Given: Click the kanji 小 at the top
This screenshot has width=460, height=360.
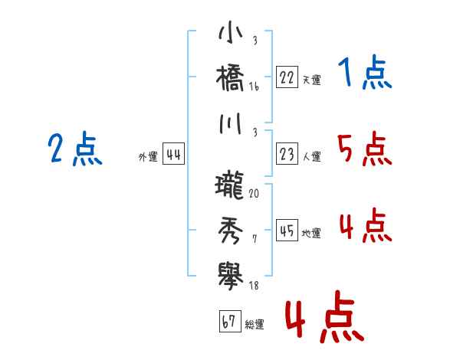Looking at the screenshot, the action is tap(231, 31).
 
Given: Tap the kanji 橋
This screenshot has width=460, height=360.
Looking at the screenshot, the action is tap(230, 78).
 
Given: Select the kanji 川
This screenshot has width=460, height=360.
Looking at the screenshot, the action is tap(231, 123).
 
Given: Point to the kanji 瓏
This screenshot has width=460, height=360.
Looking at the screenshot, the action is tap(230, 185).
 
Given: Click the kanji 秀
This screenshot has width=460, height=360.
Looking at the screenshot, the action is tap(231, 231).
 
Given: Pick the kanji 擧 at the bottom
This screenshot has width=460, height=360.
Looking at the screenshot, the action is tap(231, 276).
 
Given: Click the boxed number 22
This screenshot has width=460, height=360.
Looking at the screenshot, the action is tap(287, 77).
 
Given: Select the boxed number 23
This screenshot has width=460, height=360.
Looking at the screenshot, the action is tap(287, 153).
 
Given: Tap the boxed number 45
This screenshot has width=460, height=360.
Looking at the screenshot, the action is tap(287, 230).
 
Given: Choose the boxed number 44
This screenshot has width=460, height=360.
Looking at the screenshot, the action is tap(173, 154).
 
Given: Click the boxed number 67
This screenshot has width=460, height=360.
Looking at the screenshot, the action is tap(230, 321).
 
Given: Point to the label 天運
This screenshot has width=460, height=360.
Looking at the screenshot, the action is tap(312, 80).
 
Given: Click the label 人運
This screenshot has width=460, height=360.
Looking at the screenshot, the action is tap(312, 156).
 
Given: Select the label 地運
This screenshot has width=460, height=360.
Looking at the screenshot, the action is tap(311, 234).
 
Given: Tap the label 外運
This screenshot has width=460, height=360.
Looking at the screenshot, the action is tap(148, 156).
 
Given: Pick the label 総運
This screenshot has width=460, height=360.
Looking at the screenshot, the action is tap(255, 324).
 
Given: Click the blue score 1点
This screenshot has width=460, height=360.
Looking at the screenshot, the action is tap(365, 72).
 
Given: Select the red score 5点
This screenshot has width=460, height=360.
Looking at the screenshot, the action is tap(365, 149).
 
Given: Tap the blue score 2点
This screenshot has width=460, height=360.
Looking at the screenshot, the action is tap(75, 148).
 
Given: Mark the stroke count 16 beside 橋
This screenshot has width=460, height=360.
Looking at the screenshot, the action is tap(254, 87).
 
